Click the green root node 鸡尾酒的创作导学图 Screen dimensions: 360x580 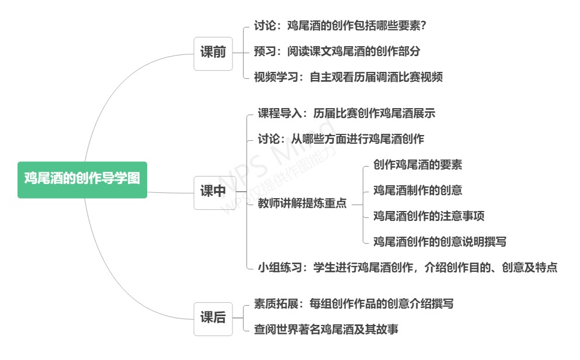[x=82, y=179]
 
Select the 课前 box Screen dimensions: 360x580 [x=213, y=53]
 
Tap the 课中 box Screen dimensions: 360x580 [x=213, y=191]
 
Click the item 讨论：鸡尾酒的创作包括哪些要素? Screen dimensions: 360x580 [x=343, y=26]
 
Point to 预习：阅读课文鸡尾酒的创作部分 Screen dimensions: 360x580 [x=337, y=51]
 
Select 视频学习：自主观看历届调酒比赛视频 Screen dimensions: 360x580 [x=348, y=77]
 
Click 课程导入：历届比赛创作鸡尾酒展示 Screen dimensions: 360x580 [x=346, y=113]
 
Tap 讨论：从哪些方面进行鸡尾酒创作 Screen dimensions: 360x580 [x=341, y=139]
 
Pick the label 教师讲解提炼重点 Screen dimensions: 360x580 [x=302, y=203]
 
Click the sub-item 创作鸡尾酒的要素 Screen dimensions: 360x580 [x=418, y=165]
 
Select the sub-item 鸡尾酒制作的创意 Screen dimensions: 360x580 [x=418, y=191]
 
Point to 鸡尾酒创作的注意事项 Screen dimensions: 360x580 [x=429, y=216]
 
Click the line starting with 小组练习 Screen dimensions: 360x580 [x=407, y=268]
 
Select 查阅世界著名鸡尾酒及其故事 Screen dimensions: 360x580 [x=327, y=330]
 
